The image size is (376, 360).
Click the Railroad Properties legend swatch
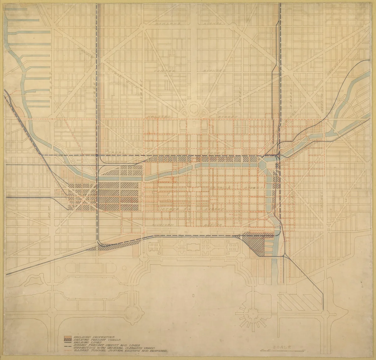click(67, 335)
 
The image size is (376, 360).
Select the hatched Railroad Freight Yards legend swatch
click(67, 338)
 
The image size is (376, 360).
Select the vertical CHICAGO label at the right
click(321, 207)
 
